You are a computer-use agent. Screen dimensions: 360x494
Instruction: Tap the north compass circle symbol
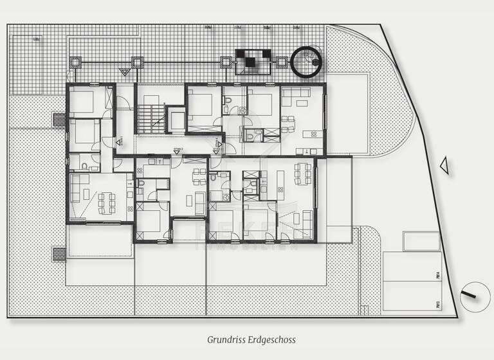click(474, 296)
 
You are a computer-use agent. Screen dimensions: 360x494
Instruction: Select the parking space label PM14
click(437, 276)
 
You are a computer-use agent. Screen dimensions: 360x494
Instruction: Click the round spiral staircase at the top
click(309, 62)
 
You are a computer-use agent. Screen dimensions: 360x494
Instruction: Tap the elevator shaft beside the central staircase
click(175, 120)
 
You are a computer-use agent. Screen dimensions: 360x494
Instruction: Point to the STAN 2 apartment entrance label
click(178, 149)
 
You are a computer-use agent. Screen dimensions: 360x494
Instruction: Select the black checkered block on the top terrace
click(253, 60)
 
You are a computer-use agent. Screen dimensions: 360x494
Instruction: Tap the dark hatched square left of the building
click(59, 120)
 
